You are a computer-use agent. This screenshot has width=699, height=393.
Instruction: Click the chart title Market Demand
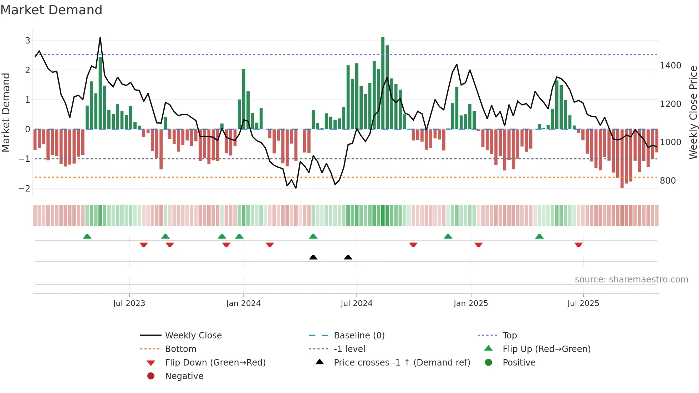51,10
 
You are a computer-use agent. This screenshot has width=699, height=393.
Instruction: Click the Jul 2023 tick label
129,303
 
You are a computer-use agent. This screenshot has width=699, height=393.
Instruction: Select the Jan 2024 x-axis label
243,303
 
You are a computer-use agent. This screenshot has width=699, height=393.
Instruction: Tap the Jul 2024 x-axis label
356,303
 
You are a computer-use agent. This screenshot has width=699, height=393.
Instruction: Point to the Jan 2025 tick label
470,303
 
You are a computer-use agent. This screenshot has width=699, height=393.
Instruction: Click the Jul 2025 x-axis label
583,303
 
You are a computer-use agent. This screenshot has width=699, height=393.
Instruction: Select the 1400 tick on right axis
670,66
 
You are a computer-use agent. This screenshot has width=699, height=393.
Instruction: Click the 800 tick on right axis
668,181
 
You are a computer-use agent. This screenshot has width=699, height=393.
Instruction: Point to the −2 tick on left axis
25,188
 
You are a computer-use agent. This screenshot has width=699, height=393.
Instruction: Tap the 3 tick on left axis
27,41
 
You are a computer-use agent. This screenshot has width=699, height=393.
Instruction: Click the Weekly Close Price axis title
693,112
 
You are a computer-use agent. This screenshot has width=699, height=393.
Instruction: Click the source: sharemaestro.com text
631,280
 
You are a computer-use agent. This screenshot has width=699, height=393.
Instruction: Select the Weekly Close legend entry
193,336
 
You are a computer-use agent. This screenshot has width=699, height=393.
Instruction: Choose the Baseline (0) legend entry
359,336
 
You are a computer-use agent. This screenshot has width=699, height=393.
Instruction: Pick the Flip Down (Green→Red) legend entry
215,363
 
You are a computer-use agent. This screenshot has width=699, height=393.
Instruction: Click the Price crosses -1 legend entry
402,363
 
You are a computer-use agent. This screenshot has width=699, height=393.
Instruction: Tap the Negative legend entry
184,376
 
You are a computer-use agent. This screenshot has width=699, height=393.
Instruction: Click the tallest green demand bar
383,83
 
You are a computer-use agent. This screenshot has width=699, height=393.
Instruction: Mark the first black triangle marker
313,257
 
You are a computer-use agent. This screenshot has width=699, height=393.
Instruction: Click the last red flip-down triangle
578,245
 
